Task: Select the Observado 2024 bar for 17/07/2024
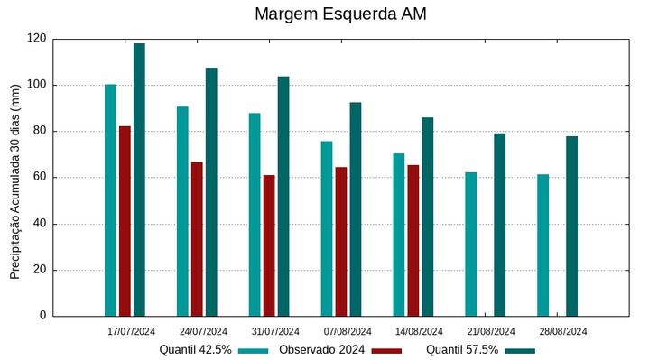point(125,221)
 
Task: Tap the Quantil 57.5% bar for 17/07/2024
point(139,180)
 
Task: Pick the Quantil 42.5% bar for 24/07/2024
point(182,211)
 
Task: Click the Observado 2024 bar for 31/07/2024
point(269,245)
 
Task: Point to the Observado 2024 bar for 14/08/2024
point(413,240)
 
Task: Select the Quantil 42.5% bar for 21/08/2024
point(470,244)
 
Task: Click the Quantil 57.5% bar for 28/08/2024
point(571,226)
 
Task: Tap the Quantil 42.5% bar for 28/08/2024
point(542,245)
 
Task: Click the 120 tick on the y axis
point(36,39)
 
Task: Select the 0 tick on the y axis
point(42,316)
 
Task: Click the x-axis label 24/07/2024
point(203,331)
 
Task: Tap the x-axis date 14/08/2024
point(420,331)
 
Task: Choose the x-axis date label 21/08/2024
point(492,331)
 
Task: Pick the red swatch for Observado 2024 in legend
point(386,350)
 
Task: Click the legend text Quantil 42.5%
point(196,349)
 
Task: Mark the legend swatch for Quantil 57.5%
point(520,350)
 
